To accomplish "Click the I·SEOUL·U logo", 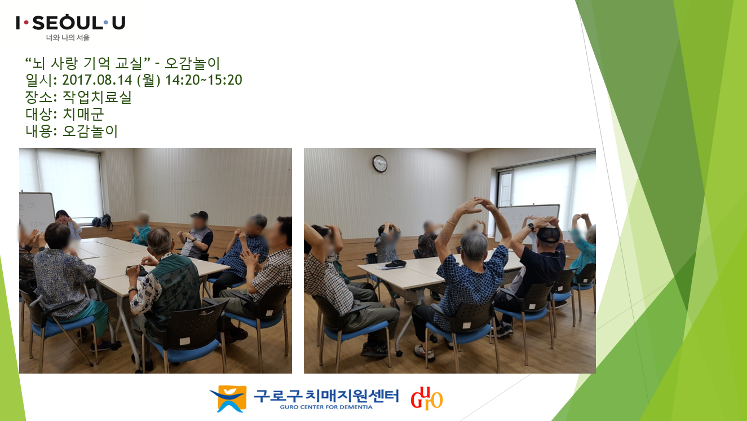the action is pyautogui.click(x=70, y=23).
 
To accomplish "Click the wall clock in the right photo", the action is pyautogui.click(x=380, y=164).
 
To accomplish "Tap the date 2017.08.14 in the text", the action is pyautogui.click(x=97, y=80).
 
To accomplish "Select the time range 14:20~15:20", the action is pyautogui.click(x=204, y=80).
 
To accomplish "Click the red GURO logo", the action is pyautogui.click(x=427, y=398).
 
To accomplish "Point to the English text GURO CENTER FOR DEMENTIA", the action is pyautogui.click(x=326, y=407).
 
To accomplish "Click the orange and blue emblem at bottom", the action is pyautogui.click(x=229, y=398).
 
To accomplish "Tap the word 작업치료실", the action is pyautogui.click(x=97, y=97).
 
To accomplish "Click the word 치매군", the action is pyautogui.click(x=83, y=114).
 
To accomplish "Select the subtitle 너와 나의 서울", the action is pyautogui.click(x=68, y=38).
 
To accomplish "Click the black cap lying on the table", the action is pyautogui.click(x=395, y=264).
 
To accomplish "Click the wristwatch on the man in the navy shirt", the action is pyautogui.click(x=531, y=227).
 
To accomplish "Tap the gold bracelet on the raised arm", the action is pyautogui.click(x=451, y=223).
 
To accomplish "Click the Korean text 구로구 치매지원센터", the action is pyautogui.click(x=326, y=396).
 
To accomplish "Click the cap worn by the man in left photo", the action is pyautogui.click(x=199, y=214).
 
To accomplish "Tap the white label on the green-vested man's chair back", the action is pyautogui.click(x=184, y=341).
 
